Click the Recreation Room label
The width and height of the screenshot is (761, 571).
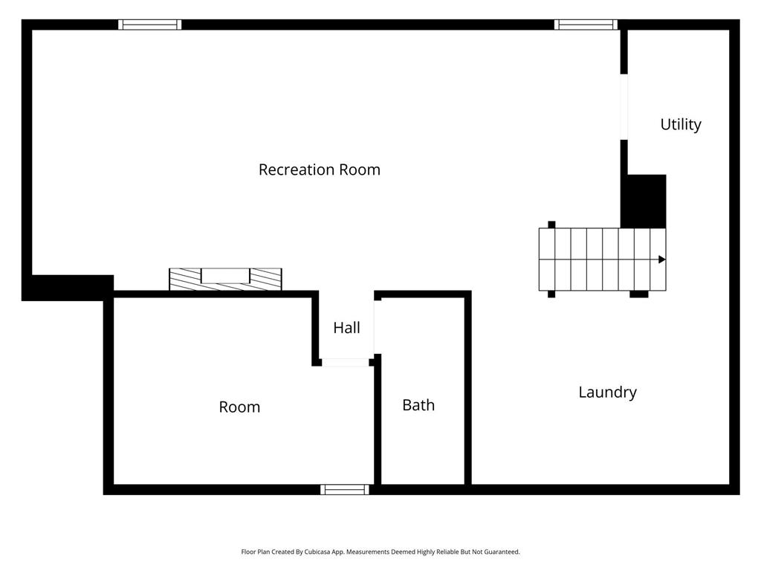(320, 170)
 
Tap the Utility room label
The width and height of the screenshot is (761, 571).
(681, 125)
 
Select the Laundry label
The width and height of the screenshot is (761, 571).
(608, 393)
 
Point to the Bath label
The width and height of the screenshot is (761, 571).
(418, 405)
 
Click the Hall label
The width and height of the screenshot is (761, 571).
(346, 328)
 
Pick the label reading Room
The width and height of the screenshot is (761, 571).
(239, 407)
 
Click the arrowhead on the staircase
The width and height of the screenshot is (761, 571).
(662, 259)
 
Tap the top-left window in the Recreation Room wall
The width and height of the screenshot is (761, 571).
(150, 25)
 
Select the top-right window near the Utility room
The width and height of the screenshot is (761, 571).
(586, 25)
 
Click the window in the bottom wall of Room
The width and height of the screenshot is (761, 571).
(345, 489)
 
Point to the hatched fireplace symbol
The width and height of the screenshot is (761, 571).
(225, 280)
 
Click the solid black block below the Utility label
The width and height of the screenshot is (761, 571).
(644, 201)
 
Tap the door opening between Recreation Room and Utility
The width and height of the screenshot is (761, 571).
(624, 107)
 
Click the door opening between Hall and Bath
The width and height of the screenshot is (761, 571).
(377, 327)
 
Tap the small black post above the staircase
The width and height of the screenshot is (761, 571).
(551, 225)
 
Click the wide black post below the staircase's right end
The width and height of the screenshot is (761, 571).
(638, 294)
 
